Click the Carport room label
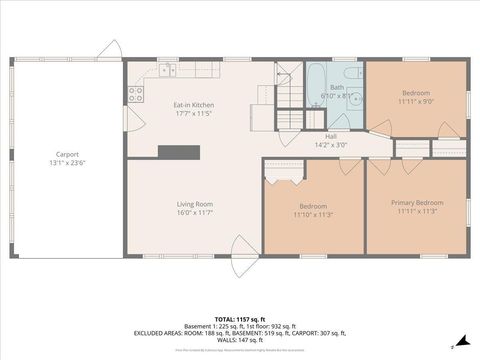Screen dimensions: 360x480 pyautogui.click(x=67, y=155)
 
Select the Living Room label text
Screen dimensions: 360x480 pyautogui.click(x=195, y=204)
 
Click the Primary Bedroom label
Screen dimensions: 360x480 pyautogui.click(x=416, y=203)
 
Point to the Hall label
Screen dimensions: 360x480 pyautogui.click(x=330, y=136)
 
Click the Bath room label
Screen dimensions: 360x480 pyautogui.click(x=337, y=88)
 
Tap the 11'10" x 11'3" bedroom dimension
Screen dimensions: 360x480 pyautogui.click(x=313, y=214)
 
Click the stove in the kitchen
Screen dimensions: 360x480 pyautogui.click(x=134, y=95)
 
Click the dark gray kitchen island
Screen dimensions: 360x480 pyautogui.click(x=179, y=151)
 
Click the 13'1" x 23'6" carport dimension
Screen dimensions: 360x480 pyautogui.click(x=67, y=163)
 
